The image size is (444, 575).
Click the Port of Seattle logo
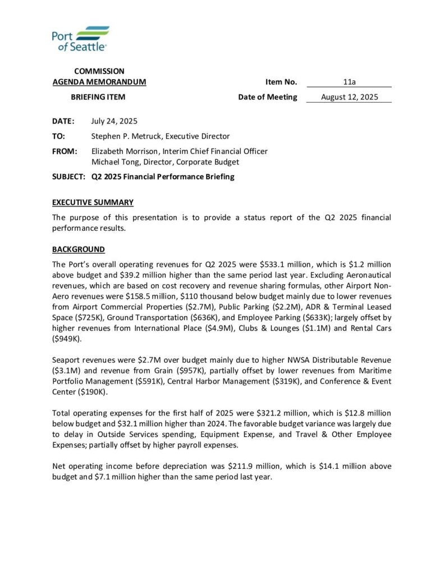tap(80, 39)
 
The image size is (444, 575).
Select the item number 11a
tap(349, 82)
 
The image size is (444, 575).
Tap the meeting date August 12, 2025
tap(349, 97)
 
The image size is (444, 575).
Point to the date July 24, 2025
tap(114, 121)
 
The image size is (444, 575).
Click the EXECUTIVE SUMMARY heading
tap(93, 202)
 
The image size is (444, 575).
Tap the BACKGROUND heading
tap(79, 249)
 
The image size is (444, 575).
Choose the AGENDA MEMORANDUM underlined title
tap(99, 82)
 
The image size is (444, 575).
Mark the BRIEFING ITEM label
tap(98, 97)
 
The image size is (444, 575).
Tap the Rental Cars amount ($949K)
tap(67, 339)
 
